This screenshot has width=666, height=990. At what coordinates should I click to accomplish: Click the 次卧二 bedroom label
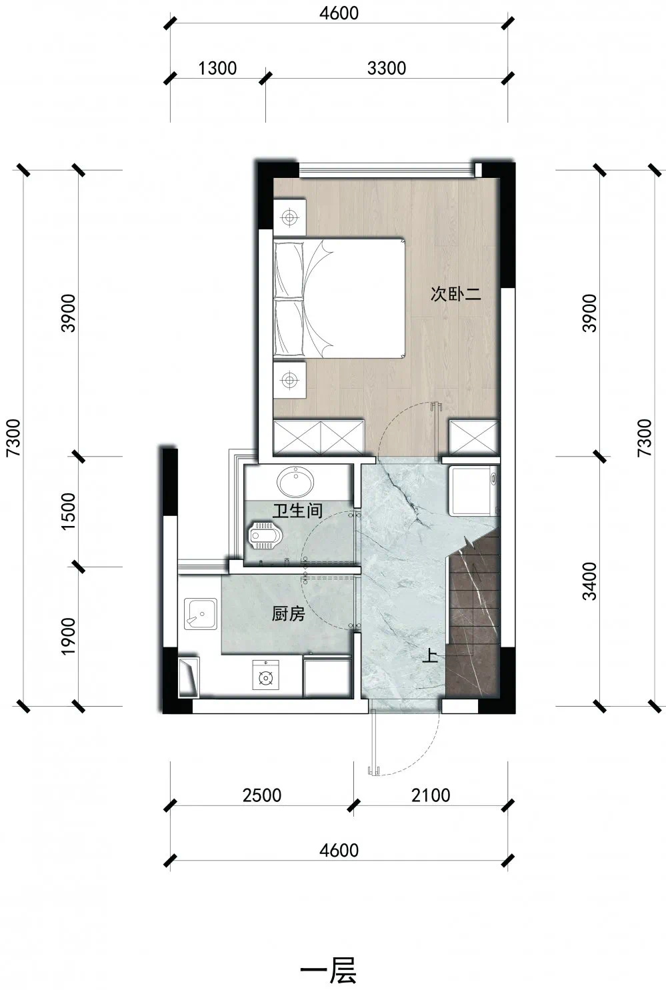coord(455,294)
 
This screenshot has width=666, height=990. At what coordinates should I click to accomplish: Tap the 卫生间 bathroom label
coord(297,511)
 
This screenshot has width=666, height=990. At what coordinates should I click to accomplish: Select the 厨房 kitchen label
coord(288,614)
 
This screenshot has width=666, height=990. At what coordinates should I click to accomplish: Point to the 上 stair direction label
coord(430,655)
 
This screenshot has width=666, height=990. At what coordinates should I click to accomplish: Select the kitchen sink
coord(201,614)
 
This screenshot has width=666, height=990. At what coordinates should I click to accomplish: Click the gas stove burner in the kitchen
coord(266,675)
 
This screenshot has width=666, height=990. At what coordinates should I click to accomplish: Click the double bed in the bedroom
coord(339,298)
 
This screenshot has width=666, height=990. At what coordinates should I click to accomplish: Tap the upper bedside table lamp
coord(289,217)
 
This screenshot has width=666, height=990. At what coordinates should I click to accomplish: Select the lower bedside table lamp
coord(289,379)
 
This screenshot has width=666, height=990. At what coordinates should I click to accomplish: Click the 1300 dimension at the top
coord(217,69)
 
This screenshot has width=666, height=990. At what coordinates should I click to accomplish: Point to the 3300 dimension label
coord(387,69)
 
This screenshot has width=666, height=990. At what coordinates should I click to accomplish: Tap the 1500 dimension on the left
coord(69,511)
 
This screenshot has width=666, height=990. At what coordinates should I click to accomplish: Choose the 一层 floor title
coord(329,971)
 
